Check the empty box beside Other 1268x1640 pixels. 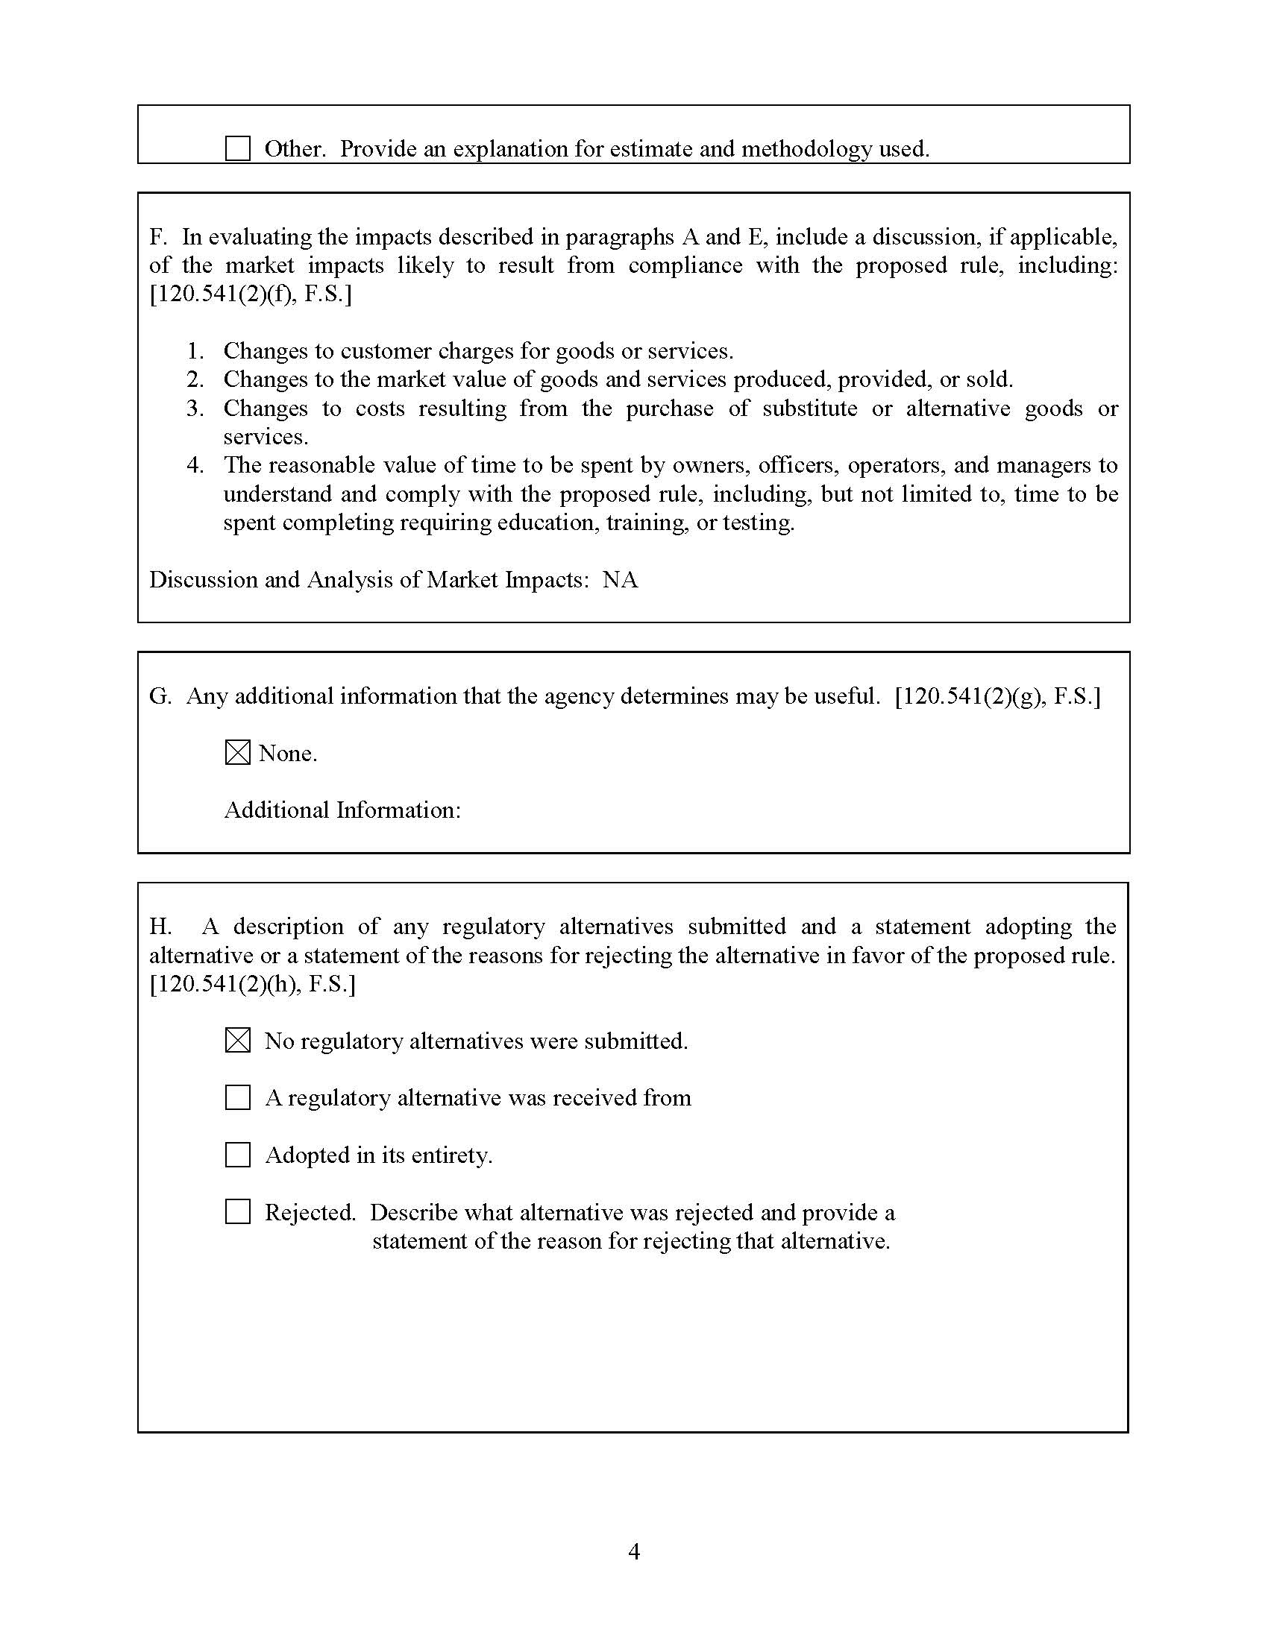(x=237, y=148)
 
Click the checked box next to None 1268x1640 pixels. (x=237, y=752)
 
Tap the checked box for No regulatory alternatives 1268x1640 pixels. (x=237, y=1040)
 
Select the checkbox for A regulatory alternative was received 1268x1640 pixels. (x=237, y=1097)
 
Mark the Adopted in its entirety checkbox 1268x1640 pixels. (x=237, y=1154)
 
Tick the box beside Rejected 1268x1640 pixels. (x=237, y=1211)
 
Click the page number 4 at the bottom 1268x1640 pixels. (x=634, y=1551)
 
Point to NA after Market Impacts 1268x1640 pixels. (x=620, y=580)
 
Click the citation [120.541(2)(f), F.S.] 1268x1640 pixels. (x=250, y=294)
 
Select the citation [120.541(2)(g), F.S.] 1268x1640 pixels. (x=997, y=696)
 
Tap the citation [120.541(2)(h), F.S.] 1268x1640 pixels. (x=252, y=984)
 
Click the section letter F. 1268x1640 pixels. (x=157, y=237)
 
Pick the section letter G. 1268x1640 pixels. (x=160, y=696)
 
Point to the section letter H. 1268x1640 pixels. (x=160, y=927)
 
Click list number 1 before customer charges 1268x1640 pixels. (x=195, y=350)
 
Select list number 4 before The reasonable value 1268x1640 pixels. (x=195, y=465)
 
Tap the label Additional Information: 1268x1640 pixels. (x=342, y=810)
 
